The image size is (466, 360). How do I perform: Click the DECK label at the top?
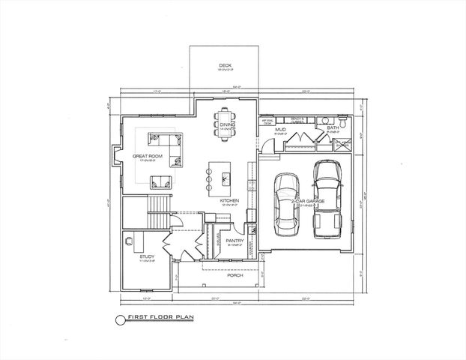tap(225, 66)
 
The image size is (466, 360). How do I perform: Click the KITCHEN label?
tap(229, 201)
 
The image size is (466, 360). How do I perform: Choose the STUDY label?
tap(147, 257)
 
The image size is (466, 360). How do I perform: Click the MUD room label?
tap(280, 130)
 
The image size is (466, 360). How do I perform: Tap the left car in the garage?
tap(286, 204)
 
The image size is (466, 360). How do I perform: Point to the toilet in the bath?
tap(343, 119)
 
